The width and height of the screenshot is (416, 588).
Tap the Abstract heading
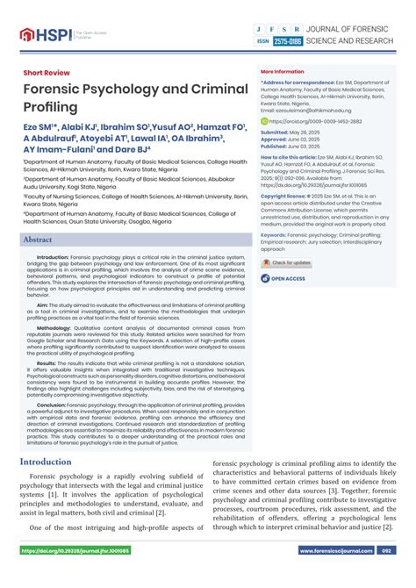coord(39,239)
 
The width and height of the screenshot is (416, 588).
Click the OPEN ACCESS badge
coord(287,278)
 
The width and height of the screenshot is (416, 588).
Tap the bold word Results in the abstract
coord(47,362)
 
